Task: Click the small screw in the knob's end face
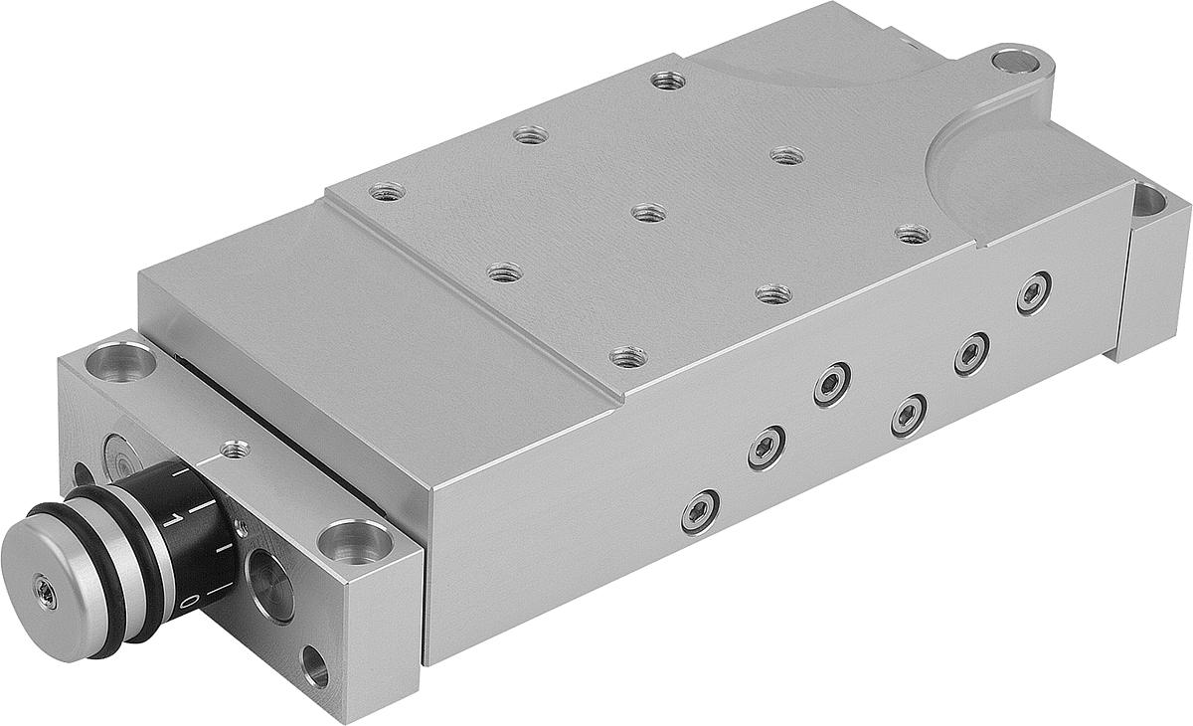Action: pyautogui.click(x=45, y=589)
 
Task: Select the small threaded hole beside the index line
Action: pyautogui.click(x=235, y=450)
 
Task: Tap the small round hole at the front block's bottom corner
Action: pyautogui.click(x=315, y=667)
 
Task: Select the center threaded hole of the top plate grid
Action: pyautogui.click(x=648, y=212)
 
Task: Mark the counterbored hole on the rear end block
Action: pyautogui.click(x=1148, y=201)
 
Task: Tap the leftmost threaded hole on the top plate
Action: pyautogui.click(x=387, y=191)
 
